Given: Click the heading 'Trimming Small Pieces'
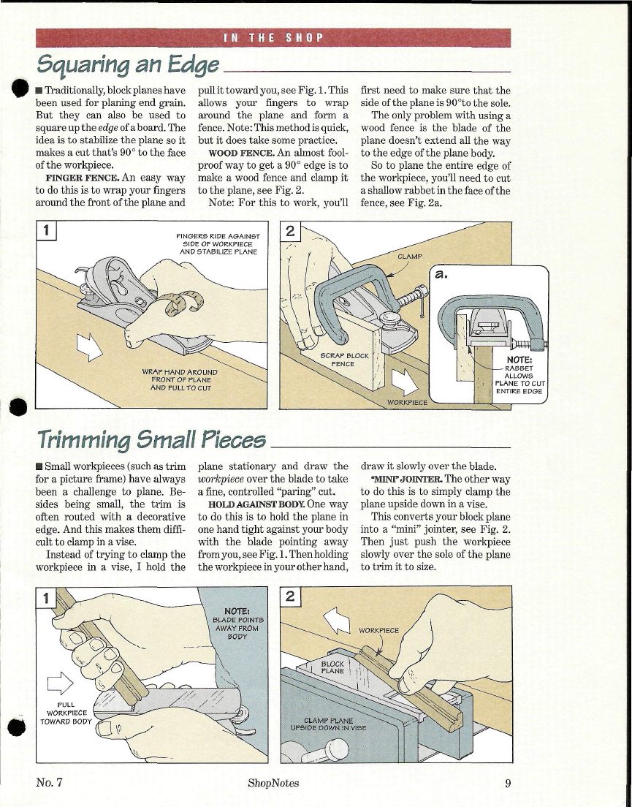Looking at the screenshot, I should (153, 439).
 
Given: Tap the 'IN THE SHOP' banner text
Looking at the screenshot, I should (272, 37).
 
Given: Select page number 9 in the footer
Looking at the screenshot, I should (506, 784).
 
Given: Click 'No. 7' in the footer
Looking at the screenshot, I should (50, 784).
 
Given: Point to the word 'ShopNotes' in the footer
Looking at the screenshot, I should (273, 784).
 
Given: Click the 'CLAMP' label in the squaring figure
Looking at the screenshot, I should (411, 257).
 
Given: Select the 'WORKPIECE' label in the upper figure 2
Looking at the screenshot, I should (406, 401).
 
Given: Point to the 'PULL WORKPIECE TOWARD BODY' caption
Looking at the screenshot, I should (66, 713).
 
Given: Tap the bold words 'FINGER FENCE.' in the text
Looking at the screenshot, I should (79, 177).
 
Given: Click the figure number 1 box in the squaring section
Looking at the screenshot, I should (47, 233).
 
